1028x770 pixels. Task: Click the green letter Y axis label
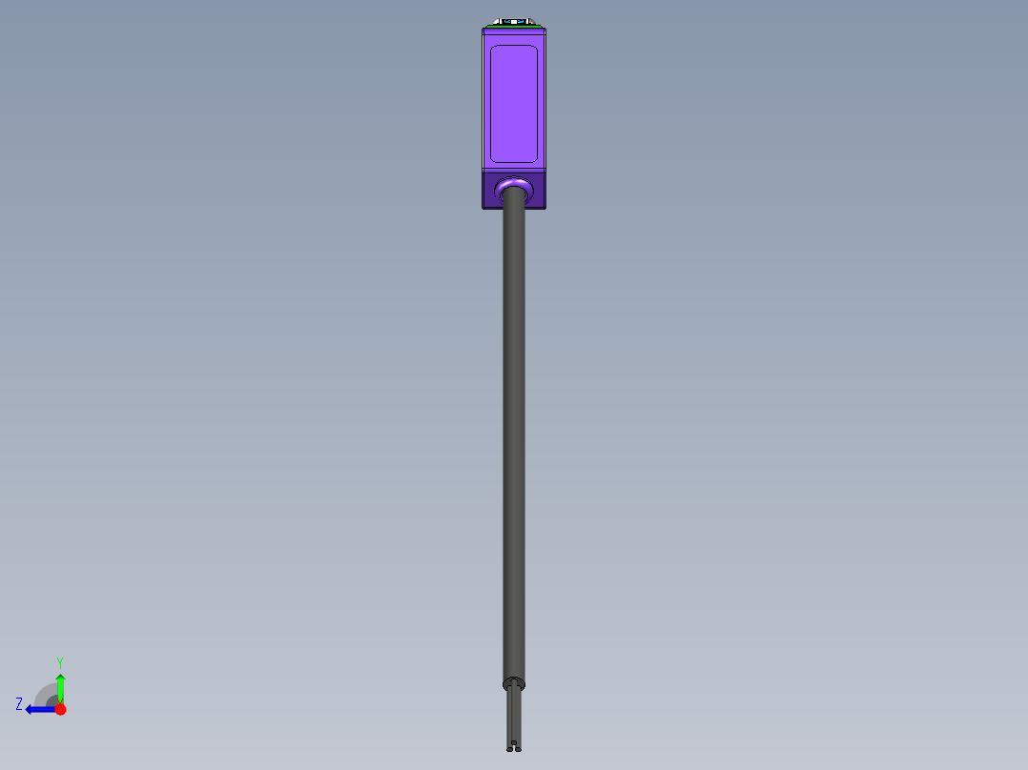(60, 661)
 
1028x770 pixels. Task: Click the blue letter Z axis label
(19, 703)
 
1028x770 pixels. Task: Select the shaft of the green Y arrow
(60, 694)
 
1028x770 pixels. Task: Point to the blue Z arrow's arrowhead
(31, 709)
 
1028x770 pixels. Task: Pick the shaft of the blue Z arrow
(44, 709)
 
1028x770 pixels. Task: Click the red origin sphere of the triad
(60, 709)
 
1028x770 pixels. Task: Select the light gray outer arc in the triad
(42, 690)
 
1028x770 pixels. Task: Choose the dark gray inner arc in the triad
(51, 700)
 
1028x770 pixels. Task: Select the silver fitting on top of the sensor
(514, 21)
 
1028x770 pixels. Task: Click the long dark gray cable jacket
(514, 429)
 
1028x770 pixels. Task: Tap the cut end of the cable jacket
(514, 683)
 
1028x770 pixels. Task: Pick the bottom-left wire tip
(510, 748)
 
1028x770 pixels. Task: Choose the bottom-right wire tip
(518, 748)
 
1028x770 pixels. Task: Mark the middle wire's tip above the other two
(514, 741)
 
